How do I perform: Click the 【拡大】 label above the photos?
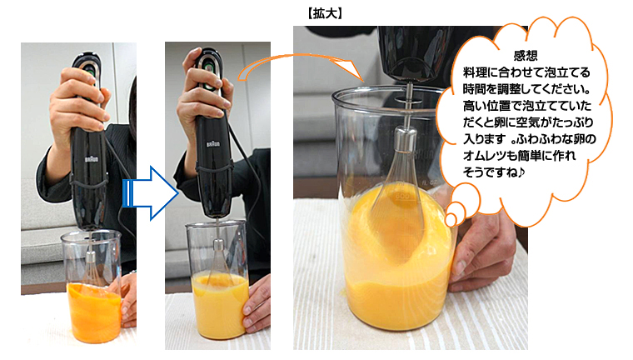pos(325,13)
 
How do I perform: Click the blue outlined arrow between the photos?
pos(150,193)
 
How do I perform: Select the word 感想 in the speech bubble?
pos(526,56)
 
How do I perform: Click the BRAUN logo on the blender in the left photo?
pos(92,159)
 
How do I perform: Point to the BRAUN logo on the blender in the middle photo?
pos(213,144)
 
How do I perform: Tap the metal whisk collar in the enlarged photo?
pos(406,138)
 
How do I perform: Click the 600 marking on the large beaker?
pos(402,196)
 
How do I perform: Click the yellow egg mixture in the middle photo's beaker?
pos(219,306)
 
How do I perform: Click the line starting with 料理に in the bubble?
pos(526,72)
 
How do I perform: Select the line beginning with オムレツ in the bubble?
pos(519,156)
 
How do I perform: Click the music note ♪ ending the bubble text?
pos(521,172)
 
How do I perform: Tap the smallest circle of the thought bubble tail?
pos(451,220)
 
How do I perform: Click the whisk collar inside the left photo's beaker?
pos(91,258)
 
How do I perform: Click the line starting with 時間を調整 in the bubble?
pos(527,89)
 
